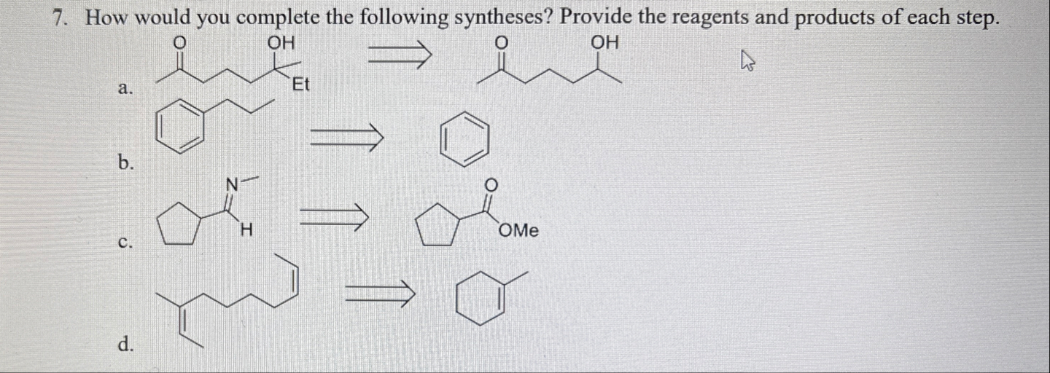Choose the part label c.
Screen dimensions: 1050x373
coord(125,243)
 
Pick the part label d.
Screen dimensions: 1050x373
coord(125,345)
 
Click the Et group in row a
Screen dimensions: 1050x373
coord(300,85)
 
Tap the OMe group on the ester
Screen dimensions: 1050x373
coord(519,231)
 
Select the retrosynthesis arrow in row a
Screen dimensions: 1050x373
coord(400,55)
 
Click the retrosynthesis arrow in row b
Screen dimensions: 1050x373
coord(347,136)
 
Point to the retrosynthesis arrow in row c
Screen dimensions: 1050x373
coord(332,216)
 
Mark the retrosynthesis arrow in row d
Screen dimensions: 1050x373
coord(379,293)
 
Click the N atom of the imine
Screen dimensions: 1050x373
coord(232,186)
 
